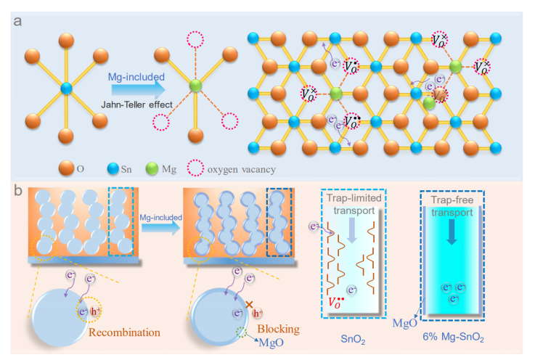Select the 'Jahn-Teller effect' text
[x=136, y=106]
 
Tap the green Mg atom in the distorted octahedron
[x=194, y=88]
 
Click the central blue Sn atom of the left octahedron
[x=66, y=88]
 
